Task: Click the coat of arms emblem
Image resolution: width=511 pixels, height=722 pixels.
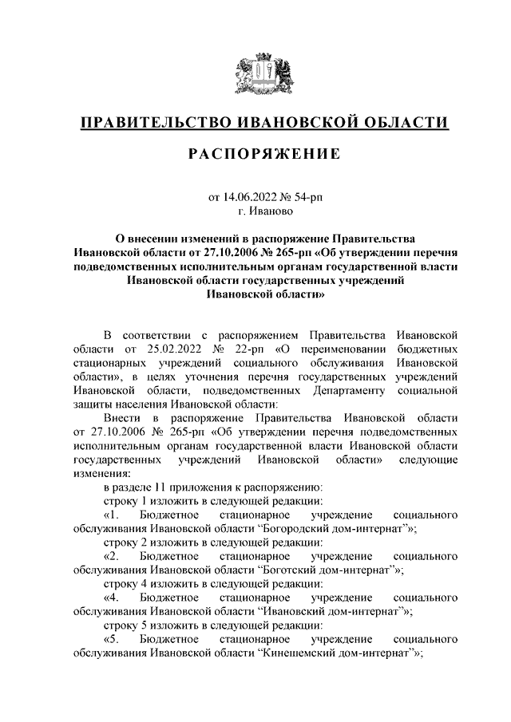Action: pos(264,72)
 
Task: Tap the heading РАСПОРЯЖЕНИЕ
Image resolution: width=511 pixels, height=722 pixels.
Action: pos(264,154)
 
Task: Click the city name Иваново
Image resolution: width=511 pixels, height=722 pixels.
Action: pos(271,211)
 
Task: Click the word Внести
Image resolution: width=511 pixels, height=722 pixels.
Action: pos(123,419)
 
